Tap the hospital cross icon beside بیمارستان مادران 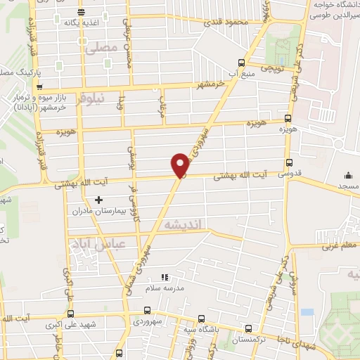pos(98,200)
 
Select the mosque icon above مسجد pos(349,175)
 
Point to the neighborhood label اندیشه pos(182,224)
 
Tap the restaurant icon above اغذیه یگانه pos(81,11)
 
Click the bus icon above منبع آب pos(242,62)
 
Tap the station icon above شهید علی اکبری pos(70,314)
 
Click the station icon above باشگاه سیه pos(201,317)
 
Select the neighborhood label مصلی pos(98,49)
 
